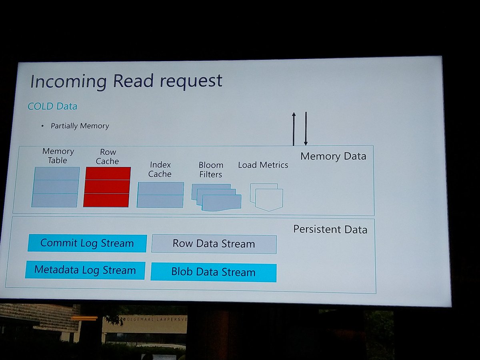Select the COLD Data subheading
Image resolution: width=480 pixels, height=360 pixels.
point(52,106)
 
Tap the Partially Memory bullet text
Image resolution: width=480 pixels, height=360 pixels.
point(80,126)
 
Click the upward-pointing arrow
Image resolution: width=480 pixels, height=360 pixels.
point(294,129)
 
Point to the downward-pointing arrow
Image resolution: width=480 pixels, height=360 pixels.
point(306,129)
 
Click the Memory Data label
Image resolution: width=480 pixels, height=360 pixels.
point(333,156)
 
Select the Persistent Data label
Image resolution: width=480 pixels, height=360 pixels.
point(330,229)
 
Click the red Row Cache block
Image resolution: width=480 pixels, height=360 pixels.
point(107,187)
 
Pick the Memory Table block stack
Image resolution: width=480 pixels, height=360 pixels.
point(56,187)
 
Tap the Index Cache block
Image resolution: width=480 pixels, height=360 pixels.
point(160,195)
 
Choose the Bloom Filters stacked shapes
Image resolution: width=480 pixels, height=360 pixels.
point(216,197)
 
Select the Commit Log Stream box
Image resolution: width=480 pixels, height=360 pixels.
point(87,243)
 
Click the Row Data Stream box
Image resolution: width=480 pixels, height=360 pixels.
point(214,244)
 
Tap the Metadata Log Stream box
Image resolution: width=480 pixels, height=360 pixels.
point(85,270)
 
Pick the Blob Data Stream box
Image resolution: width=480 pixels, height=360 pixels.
point(213,272)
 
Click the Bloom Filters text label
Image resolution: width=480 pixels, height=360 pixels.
point(211,170)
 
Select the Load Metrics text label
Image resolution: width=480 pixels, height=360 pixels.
point(263,165)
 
